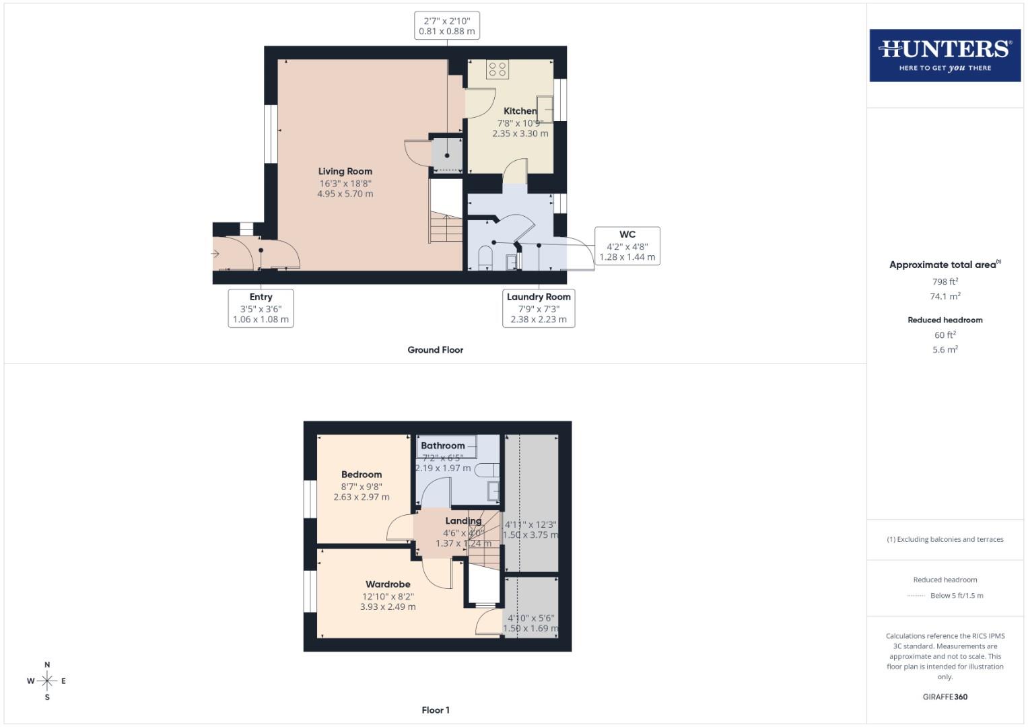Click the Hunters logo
(x=945, y=55)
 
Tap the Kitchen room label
(x=520, y=111)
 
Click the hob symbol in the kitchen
(x=498, y=69)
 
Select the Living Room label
(x=345, y=172)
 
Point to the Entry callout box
(x=261, y=308)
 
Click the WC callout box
(x=627, y=246)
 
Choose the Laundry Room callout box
(x=539, y=308)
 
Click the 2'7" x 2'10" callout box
(x=446, y=26)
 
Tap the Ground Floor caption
(x=435, y=350)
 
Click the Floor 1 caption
(x=435, y=710)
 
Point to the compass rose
(x=47, y=681)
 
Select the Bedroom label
(x=362, y=475)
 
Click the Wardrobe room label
(x=388, y=584)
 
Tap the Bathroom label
(x=442, y=446)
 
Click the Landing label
(x=463, y=521)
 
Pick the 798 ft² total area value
(x=945, y=281)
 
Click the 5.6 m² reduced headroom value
(x=945, y=349)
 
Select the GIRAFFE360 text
(x=945, y=697)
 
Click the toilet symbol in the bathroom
(x=485, y=469)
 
